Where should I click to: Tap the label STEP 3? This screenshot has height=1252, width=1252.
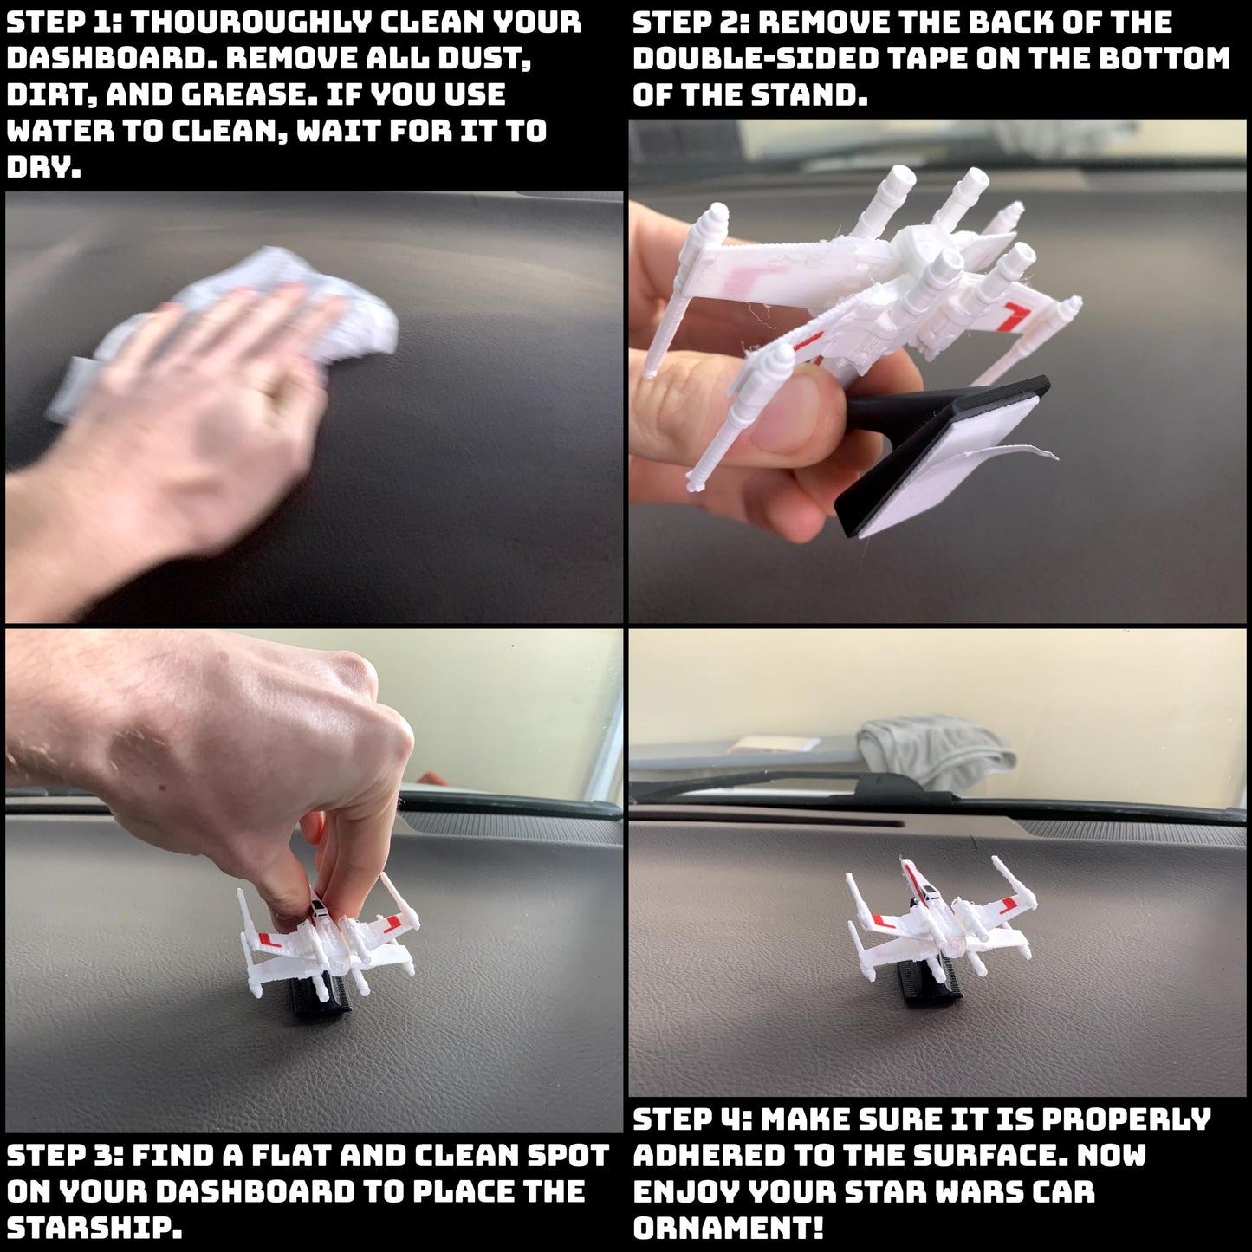pyautogui.click(x=64, y=1156)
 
